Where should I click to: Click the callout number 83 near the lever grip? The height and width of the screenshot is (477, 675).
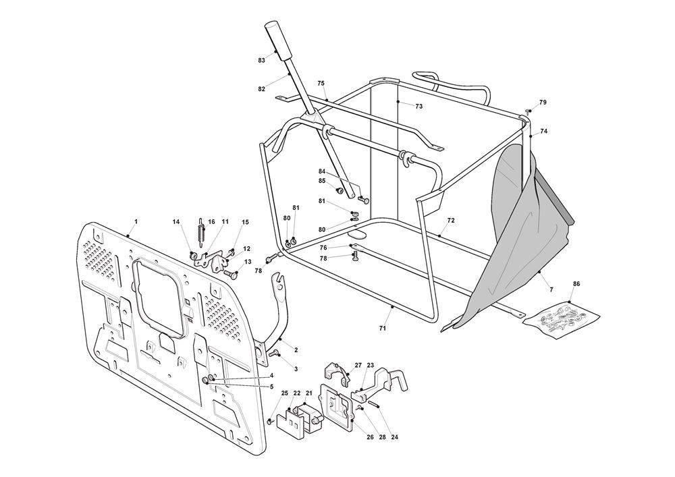261,61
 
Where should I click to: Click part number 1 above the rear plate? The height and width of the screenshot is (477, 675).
136,221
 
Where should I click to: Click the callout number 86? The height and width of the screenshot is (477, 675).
576,284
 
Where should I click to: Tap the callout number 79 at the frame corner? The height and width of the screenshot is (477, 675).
543,103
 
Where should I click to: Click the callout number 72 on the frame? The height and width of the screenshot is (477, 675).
451,221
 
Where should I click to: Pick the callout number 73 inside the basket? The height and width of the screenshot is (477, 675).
418,107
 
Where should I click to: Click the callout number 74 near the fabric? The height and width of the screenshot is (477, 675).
544,132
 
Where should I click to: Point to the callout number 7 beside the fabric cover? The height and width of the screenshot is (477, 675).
551,289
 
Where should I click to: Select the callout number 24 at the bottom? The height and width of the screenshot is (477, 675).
394,437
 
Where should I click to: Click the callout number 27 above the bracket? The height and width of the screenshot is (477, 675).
358,364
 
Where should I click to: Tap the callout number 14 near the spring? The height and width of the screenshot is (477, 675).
176,222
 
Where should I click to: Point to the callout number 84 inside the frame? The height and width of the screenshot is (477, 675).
322,171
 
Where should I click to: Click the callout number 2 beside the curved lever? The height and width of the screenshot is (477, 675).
296,350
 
